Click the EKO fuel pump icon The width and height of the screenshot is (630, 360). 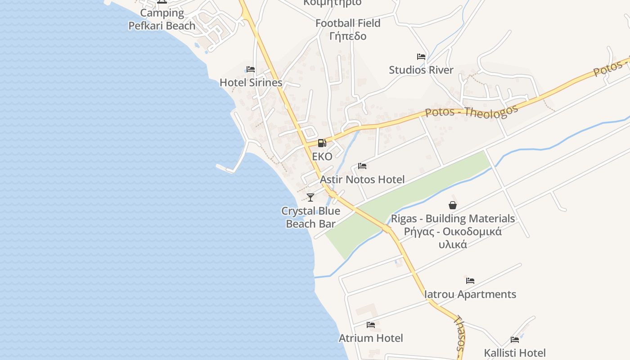[322, 144]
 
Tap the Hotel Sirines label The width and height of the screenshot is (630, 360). [251, 83]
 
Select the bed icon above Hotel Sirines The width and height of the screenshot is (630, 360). [251, 69]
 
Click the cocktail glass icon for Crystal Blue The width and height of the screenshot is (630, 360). [310, 197]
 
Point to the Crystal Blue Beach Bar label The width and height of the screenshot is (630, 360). [310, 217]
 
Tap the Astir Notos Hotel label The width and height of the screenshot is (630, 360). [362, 180]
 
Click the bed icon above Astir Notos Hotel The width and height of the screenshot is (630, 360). [362, 166]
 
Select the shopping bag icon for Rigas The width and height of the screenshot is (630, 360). [453, 205]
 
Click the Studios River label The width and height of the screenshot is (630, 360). [421, 70]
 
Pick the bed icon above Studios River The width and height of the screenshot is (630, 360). [421, 57]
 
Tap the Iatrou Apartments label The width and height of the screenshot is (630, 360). [470, 294]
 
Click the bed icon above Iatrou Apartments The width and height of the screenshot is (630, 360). [470, 281]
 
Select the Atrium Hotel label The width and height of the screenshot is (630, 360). [371, 338]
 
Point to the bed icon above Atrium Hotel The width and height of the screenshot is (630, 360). [371, 324]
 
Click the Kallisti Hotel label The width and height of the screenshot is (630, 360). [515, 353]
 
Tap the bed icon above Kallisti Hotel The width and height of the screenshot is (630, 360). [515, 340]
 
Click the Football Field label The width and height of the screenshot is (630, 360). [348, 23]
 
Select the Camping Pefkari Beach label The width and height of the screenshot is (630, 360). [162, 19]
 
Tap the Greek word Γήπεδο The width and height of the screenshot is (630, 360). [348, 36]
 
